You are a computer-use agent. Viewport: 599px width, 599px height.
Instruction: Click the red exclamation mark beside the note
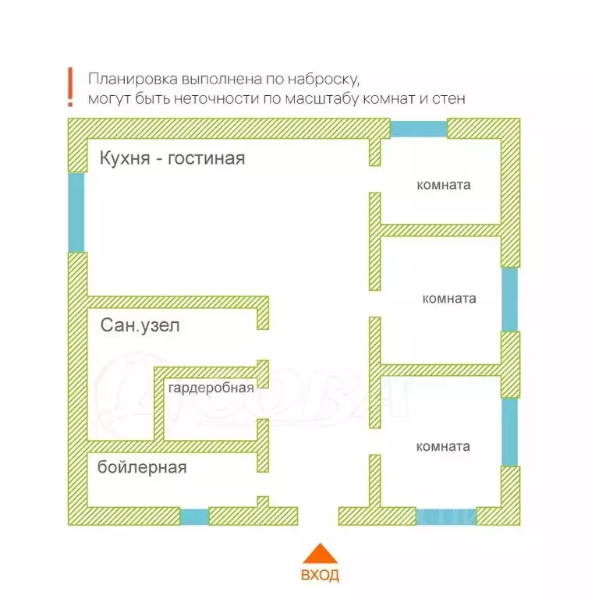tap(69, 87)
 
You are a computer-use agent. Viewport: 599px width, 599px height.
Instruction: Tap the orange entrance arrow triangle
tap(320, 554)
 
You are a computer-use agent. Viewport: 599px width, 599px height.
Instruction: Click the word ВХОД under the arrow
tap(320, 576)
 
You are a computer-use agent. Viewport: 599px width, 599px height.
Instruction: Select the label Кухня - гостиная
tap(172, 159)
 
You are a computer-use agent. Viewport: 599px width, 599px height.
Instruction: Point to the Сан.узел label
tap(140, 326)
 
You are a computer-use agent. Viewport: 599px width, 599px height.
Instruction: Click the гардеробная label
tap(211, 388)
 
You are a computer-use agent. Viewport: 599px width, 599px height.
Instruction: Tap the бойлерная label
tap(142, 467)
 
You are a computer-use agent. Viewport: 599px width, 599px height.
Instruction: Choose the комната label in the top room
tap(444, 186)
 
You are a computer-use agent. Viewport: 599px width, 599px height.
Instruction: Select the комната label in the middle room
tap(449, 299)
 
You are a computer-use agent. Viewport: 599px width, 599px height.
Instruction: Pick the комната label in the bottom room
tap(443, 447)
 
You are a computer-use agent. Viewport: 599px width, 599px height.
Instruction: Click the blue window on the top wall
tap(418, 128)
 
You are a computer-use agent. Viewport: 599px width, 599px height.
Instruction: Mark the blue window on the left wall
tap(76, 211)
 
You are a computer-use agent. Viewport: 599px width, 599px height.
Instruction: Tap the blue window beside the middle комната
tap(509, 299)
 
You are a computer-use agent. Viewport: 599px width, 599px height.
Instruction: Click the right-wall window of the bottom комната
tap(509, 432)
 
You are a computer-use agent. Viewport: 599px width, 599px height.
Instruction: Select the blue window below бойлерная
tap(194, 516)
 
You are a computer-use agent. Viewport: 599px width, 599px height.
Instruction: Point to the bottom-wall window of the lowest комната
tap(445, 516)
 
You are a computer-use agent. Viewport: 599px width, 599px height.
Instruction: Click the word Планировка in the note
tap(133, 80)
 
